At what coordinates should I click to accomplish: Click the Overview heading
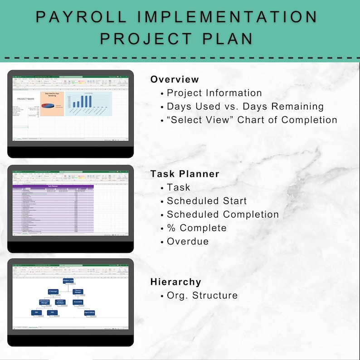tap(175, 79)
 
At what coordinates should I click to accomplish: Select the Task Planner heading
tap(185, 174)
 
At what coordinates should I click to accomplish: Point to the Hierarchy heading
tap(175, 282)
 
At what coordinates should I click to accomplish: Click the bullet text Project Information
tap(214, 93)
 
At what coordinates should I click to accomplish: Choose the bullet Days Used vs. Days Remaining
tap(245, 107)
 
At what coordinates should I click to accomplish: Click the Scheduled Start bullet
tap(207, 201)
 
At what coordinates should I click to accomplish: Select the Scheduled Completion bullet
tap(223, 214)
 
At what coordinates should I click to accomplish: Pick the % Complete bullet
tap(196, 228)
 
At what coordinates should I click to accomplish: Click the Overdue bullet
tap(188, 241)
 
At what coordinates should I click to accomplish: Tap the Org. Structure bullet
tap(202, 295)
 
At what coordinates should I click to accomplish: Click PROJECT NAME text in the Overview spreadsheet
tap(26, 98)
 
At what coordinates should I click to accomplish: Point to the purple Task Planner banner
tap(54, 185)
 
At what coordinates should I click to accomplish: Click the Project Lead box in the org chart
tap(68, 281)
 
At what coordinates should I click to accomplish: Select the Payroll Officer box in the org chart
tap(89, 312)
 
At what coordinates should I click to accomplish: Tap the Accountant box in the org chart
tap(78, 302)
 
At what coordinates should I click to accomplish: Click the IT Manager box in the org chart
tap(54, 292)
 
